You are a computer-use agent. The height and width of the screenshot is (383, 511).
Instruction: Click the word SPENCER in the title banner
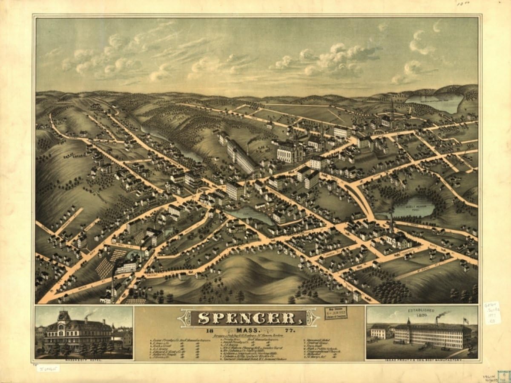tap(247, 318)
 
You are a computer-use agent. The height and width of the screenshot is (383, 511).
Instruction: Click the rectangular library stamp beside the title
tap(336, 313)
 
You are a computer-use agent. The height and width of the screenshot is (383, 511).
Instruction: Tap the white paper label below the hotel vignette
tap(47, 368)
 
